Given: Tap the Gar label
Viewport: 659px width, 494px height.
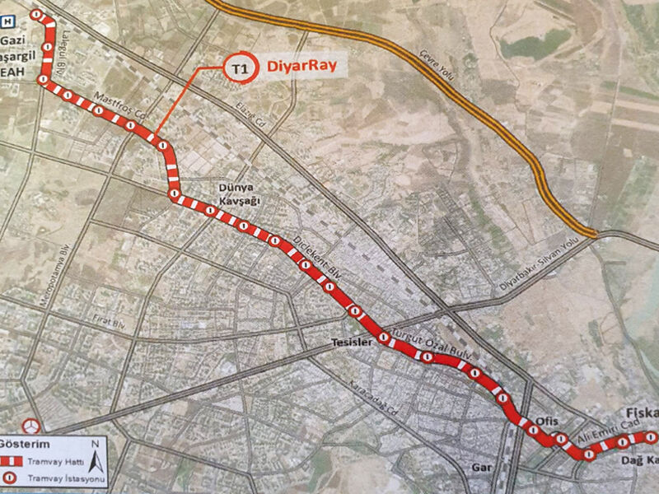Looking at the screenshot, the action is click(482, 467).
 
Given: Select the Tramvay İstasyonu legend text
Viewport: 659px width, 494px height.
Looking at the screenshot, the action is click(55, 478).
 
